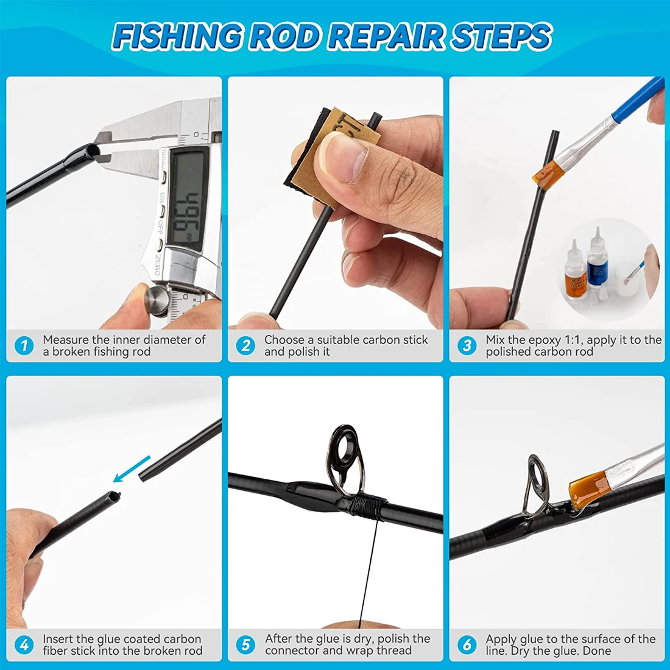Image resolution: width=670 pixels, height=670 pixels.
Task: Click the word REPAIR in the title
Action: [x=386, y=37]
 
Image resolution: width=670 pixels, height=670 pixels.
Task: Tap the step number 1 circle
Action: [x=24, y=346]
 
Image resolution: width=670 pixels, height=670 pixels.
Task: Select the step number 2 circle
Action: [x=245, y=346]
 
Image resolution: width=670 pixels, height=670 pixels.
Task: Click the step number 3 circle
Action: [x=467, y=346]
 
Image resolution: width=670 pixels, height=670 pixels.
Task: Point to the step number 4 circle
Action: [x=24, y=645]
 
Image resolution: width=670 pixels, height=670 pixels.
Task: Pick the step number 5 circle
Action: [x=245, y=645]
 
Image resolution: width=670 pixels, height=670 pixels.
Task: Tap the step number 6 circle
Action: [x=467, y=645]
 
